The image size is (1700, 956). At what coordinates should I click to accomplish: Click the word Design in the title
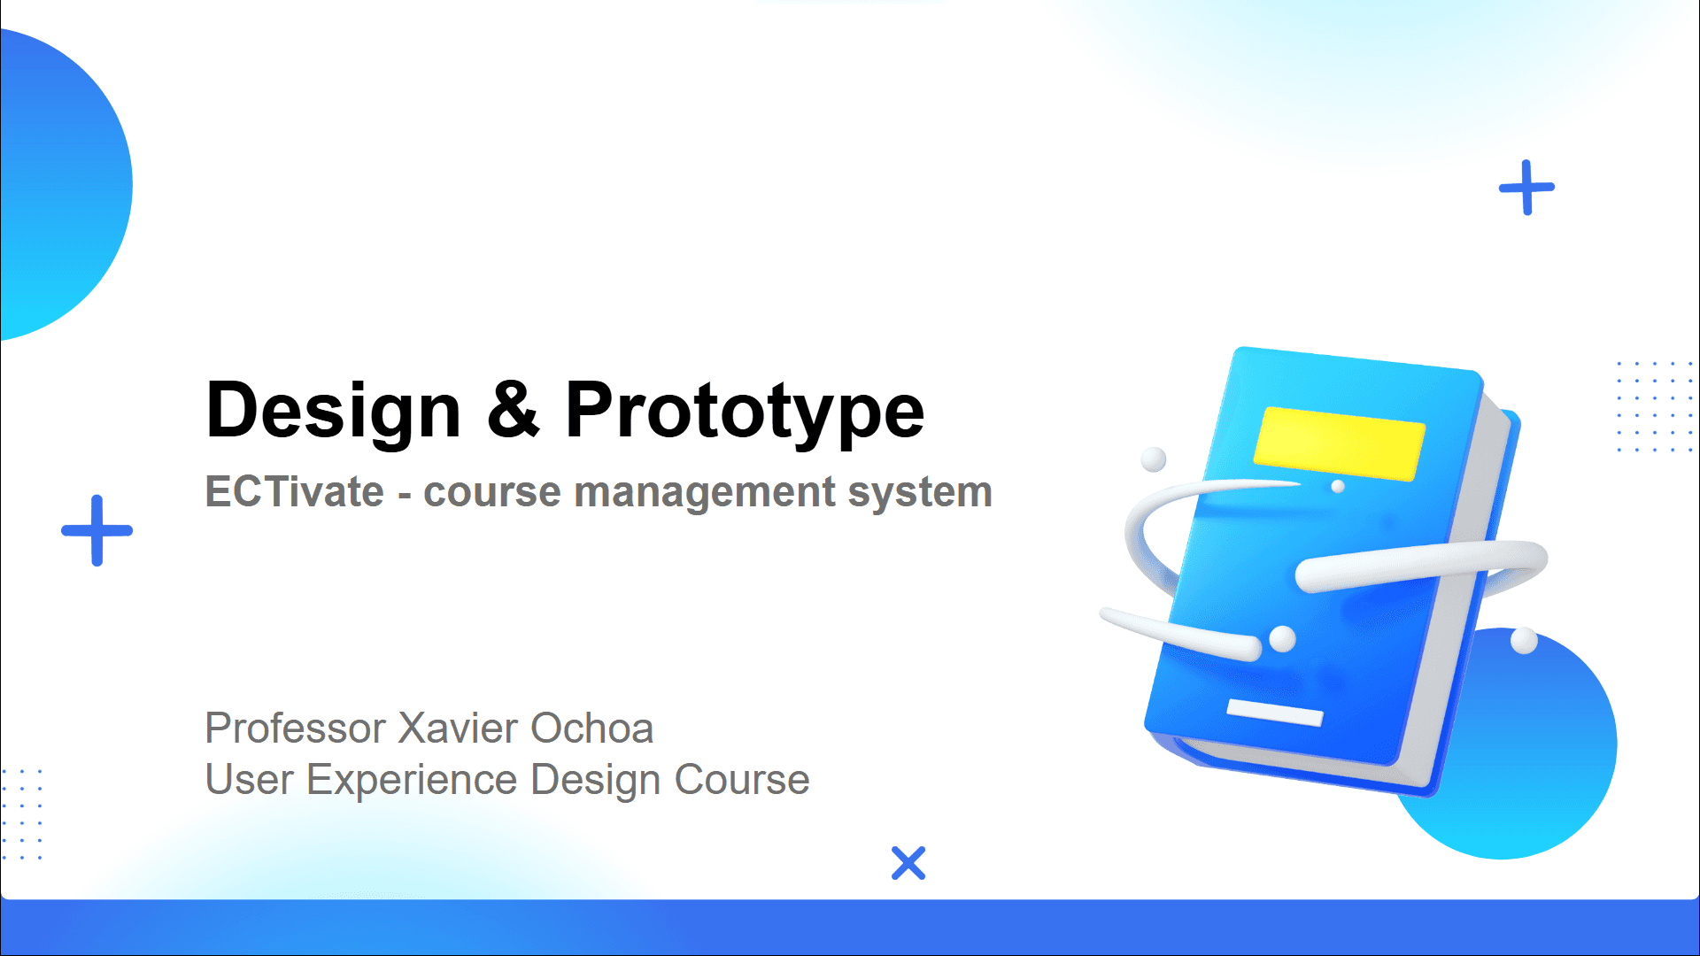[x=334, y=410]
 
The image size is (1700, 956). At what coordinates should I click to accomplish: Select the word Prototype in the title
[x=745, y=410]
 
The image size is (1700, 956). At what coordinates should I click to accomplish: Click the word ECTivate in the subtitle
[x=295, y=491]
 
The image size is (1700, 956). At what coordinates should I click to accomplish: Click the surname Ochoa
[x=591, y=729]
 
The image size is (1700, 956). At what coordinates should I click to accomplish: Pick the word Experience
[x=412, y=781]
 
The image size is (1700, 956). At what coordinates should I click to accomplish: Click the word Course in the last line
[x=742, y=780]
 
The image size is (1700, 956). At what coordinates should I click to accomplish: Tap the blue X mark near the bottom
[x=908, y=863]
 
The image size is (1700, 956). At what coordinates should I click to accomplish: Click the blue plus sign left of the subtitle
[x=97, y=530]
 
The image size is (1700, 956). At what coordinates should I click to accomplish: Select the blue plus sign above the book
[x=1526, y=188]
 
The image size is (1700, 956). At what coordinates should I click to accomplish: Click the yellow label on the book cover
[x=1340, y=443]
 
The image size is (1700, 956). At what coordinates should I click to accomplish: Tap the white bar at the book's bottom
[x=1275, y=712]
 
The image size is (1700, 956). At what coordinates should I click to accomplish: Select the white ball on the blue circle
[x=1524, y=640]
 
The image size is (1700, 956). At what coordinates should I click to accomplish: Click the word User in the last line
[x=249, y=780]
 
